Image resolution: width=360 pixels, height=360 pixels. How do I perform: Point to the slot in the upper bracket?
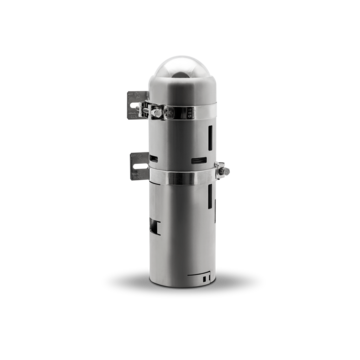(134, 105)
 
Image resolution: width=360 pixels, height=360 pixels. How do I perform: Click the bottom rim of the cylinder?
(180, 286)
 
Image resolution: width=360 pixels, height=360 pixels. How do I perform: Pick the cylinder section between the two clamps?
(180, 140)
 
